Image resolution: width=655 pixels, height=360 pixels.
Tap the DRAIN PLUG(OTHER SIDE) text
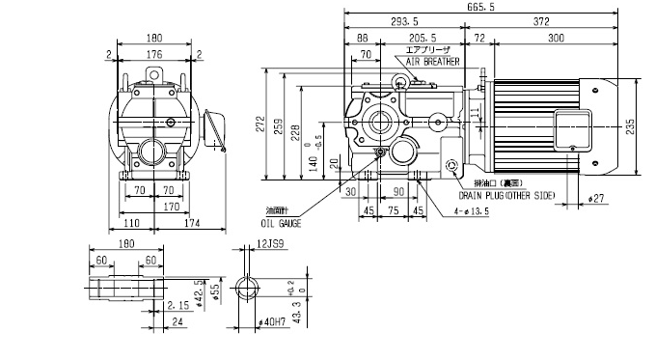tap(515, 196)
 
